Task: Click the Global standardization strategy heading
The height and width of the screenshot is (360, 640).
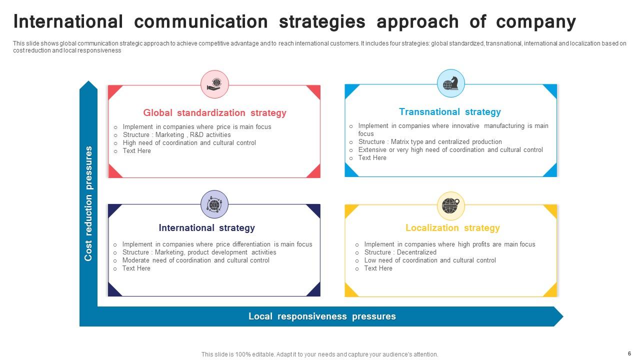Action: click(x=214, y=113)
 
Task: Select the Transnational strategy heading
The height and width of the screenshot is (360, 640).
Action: click(x=449, y=112)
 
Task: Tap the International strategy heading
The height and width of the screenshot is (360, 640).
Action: click(x=206, y=228)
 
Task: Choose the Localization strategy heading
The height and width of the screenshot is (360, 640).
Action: click(x=452, y=228)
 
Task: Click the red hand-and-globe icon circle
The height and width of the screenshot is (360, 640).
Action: click(x=214, y=84)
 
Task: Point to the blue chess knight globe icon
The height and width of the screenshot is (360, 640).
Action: click(x=450, y=83)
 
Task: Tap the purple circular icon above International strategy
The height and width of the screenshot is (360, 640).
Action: click(x=214, y=204)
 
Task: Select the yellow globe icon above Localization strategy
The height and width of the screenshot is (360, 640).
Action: click(x=450, y=205)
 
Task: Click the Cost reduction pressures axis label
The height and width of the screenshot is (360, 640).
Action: click(x=88, y=203)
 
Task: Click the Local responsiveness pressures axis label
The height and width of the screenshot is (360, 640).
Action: click(x=322, y=316)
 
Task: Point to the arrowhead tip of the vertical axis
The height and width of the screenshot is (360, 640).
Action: click(x=88, y=83)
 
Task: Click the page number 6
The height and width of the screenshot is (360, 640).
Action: click(x=629, y=353)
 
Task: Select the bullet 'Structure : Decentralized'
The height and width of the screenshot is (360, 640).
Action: click(x=400, y=252)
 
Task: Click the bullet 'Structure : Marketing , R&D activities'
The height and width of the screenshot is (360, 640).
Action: click(x=176, y=135)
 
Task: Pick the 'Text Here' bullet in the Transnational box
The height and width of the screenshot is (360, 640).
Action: click(x=372, y=158)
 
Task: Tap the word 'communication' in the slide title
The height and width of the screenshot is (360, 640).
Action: click(x=201, y=22)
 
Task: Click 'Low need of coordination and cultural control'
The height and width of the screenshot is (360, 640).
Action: click(x=430, y=260)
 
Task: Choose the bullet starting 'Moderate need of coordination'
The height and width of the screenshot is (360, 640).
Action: click(x=195, y=260)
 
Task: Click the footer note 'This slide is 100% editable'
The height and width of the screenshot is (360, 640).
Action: click(x=319, y=354)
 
